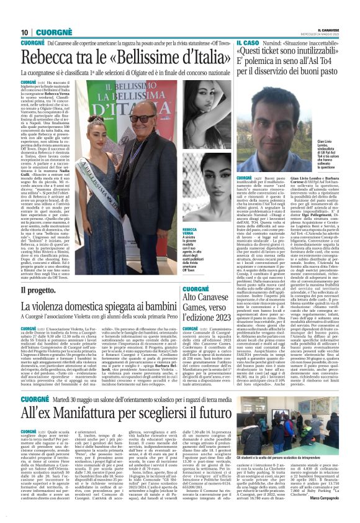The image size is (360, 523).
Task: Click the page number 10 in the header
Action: [25, 32]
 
